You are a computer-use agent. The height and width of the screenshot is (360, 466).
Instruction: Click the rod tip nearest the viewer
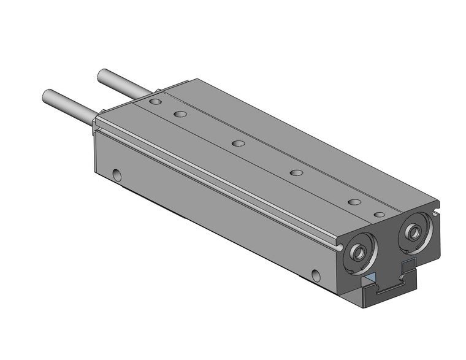47,96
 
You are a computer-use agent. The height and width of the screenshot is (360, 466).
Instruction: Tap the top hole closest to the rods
155,100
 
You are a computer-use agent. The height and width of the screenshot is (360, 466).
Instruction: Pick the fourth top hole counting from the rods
296,172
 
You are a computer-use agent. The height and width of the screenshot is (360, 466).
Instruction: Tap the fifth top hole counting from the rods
354,201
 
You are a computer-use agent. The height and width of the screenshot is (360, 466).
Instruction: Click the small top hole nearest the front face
379,215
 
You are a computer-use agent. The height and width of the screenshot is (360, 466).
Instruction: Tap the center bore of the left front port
357,252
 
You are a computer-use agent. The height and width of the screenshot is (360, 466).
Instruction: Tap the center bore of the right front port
411,231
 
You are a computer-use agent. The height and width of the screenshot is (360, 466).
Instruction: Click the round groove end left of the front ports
338,246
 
